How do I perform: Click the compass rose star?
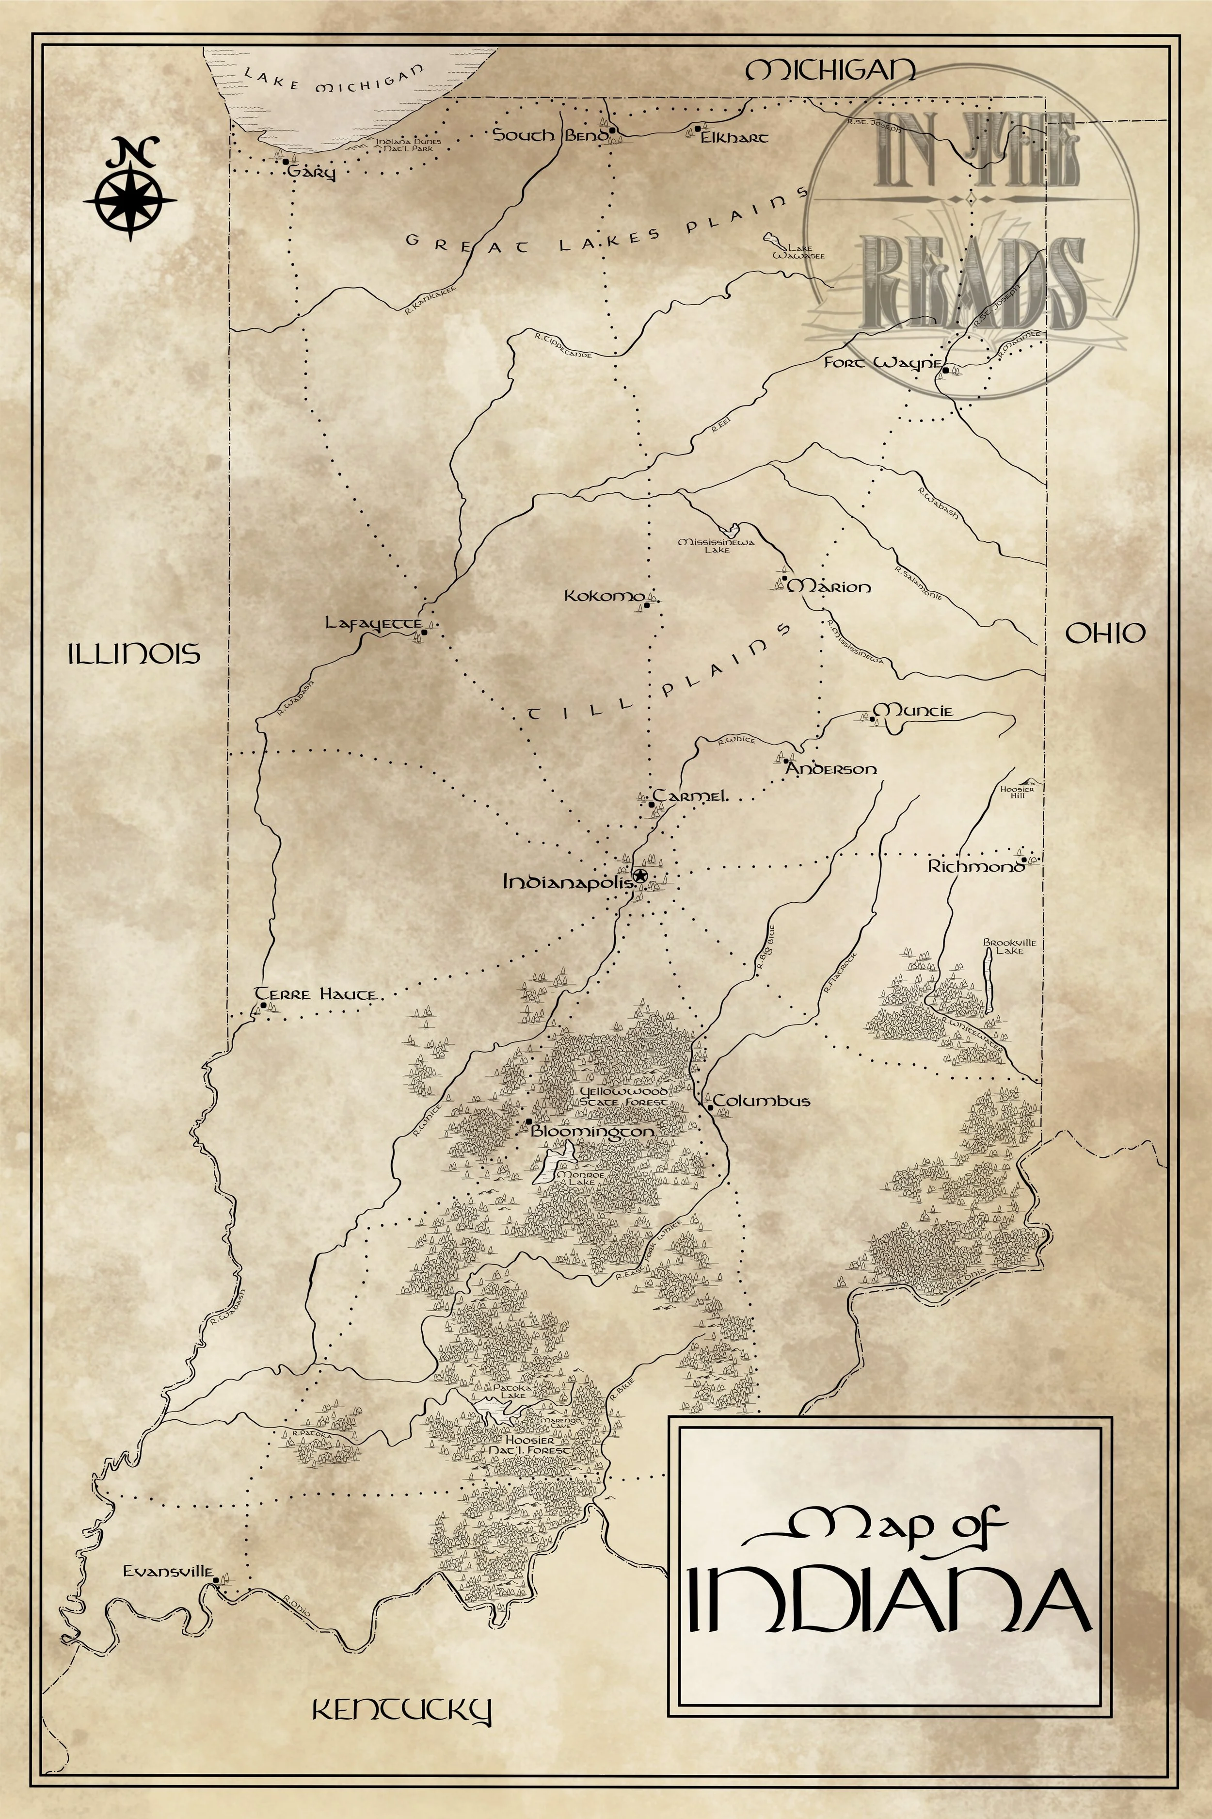point(129,199)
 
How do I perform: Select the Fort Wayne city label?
point(881,363)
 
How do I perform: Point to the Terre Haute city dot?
point(264,1006)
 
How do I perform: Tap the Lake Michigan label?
point(334,80)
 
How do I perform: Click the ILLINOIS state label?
point(134,654)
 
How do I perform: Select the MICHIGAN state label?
point(829,71)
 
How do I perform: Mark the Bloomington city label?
point(592,1131)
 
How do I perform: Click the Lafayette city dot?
point(424,632)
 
